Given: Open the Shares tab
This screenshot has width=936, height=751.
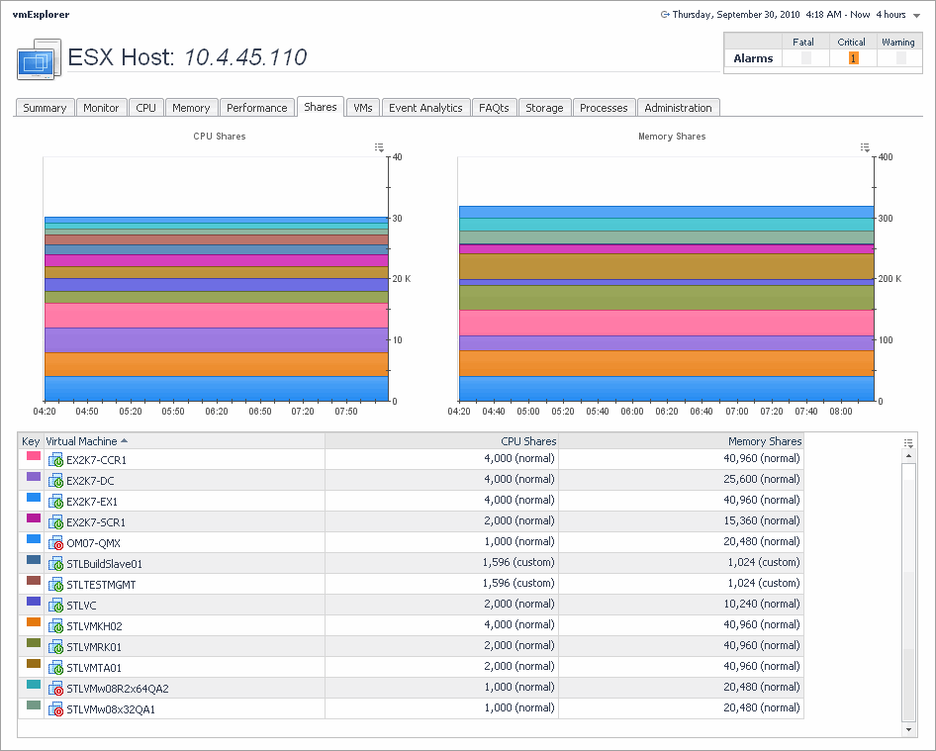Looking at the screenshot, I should pos(321,107).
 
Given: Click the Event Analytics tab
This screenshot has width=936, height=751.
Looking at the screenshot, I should pos(425,108).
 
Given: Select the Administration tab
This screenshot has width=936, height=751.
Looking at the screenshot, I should pos(678,108).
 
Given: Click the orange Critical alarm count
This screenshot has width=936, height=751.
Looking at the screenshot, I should pos(853,58).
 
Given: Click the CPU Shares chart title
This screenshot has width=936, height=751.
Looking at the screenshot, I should pos(220,137).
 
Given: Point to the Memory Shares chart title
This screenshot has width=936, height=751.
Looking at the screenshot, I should pos(672,137).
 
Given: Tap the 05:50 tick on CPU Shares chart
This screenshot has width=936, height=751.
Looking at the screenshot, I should pos(173,411).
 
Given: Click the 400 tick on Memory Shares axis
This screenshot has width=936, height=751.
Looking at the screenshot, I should pos(886,157).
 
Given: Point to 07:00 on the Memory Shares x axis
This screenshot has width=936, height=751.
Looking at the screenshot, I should pos(737,411).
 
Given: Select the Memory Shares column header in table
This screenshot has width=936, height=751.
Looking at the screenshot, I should pos(765,441).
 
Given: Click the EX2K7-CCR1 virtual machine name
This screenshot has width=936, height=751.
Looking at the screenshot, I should pos(96,460).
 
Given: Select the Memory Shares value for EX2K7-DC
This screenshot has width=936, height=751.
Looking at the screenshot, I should pos(764,481).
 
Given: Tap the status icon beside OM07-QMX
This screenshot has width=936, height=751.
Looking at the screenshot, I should pos(56,543).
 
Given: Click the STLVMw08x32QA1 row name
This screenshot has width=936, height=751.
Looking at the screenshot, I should pos(110,708).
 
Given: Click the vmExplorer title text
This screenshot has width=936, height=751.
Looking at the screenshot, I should pos(41,15).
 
